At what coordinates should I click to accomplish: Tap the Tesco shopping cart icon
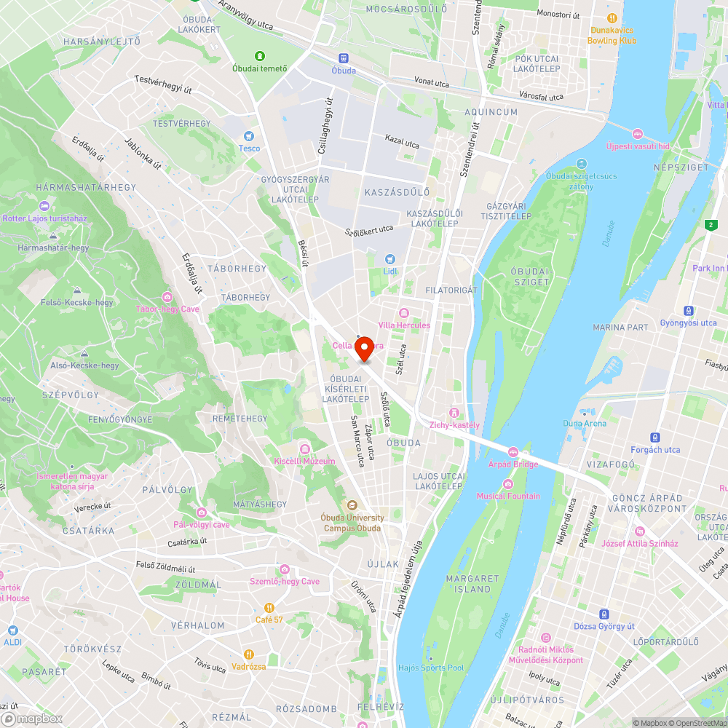coord(249,136)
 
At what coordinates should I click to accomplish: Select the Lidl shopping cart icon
coord(390,259)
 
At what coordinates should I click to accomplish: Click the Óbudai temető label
coord(260,69)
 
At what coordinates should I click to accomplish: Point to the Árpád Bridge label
coord(513,464)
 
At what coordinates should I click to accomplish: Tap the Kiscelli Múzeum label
coord(304,461)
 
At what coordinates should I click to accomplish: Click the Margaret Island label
coord(473,584)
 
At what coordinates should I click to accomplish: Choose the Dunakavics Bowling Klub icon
coord(612,18)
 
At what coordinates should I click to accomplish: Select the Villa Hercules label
coord(404,325)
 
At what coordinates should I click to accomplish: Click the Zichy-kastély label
coord(454,424)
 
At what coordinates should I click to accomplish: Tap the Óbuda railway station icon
coord(344,58)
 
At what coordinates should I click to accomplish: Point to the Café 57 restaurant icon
coord(269,607)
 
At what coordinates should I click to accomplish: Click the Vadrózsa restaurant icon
coord(249,654)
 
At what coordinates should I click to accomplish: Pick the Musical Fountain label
coord(508,496)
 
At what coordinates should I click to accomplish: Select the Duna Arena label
coord(584,423)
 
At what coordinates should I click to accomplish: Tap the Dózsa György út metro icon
coord(604,614)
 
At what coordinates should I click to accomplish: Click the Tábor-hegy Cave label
coord(167,308)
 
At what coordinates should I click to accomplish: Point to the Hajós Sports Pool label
coord(431,668)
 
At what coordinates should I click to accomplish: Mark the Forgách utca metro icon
coord(655,438)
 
